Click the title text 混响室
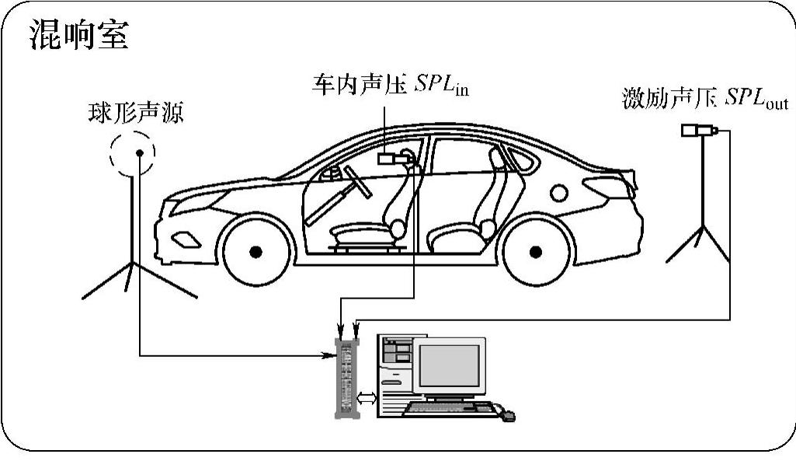point(78,36)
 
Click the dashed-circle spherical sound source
point(133,152)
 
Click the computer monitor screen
point(448,365)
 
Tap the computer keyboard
point(450,407)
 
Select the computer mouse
point(508,416)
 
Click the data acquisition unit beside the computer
point(346,377)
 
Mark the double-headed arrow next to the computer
point(366,398)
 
